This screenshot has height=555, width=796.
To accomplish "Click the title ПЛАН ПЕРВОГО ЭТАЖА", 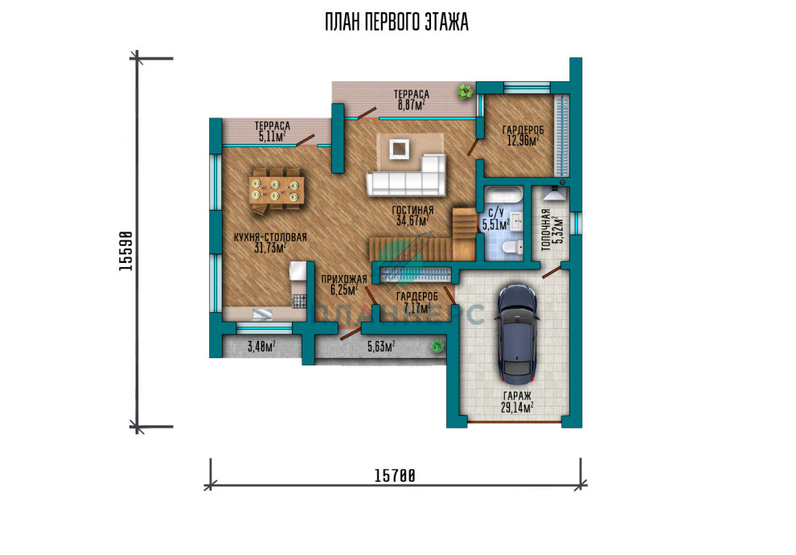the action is (396, 23).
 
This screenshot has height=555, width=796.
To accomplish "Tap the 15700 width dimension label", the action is (395, 476).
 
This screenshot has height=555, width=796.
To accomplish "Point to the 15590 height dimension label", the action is (126, 251).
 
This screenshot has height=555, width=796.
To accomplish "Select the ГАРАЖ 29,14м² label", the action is (517, 401).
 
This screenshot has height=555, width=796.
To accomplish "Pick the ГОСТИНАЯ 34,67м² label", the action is (412, 215).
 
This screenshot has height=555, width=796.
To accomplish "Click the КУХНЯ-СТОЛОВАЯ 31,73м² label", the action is (270, 242).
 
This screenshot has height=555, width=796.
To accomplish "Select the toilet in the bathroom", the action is (513, 247).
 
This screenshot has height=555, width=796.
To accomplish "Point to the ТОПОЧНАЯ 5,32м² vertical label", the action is (552, 229).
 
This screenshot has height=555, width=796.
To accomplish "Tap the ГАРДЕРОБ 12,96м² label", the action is (523, 136).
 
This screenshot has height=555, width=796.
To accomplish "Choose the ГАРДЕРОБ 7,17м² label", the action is (417, 302).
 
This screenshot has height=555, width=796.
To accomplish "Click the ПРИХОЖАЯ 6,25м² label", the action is (344, 285).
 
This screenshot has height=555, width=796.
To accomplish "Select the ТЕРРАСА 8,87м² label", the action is (411, 100).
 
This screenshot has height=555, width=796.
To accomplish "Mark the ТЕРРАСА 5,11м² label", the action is (273, 131).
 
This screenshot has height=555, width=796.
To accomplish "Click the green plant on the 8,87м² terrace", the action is (464, 92).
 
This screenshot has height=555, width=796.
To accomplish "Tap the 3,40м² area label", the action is (261, 347).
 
